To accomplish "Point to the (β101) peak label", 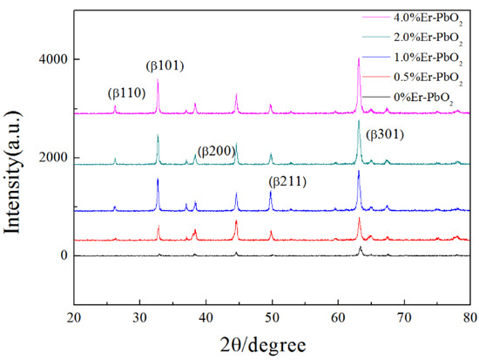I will pyautogui.click(x=165, y=65).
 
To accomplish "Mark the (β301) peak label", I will pyautogui.click(x=385, y=134).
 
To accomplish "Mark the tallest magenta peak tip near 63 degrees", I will pyautogui.click(x=359, y=58).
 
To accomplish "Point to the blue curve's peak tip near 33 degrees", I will pyautogui.click(x=158, y=179).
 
